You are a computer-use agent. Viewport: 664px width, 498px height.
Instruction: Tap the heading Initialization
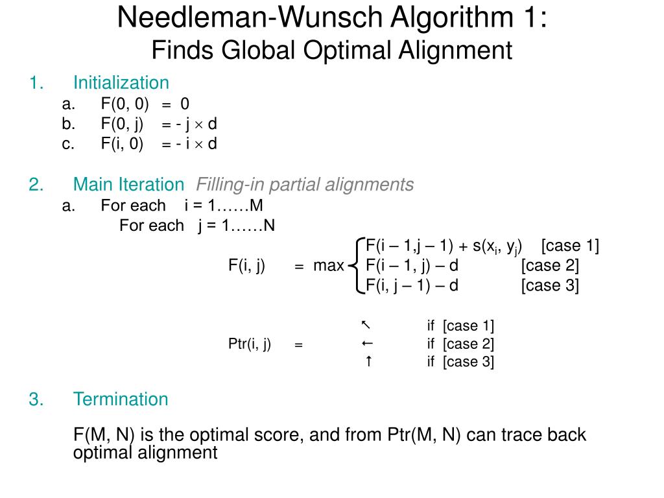[121, 83]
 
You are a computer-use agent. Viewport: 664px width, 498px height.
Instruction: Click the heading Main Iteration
[128, 185]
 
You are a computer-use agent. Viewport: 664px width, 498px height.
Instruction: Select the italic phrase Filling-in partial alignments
[305, 185]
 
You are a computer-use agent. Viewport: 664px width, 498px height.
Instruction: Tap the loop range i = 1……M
[224, 206]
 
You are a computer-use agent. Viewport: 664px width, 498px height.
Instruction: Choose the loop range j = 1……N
[237, 226]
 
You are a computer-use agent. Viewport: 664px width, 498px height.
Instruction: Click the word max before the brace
[328, 266]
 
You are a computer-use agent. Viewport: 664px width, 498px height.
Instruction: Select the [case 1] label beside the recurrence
[570, 246]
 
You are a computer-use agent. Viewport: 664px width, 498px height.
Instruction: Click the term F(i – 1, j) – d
[412, 266]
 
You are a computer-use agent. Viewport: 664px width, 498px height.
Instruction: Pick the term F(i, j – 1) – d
[412, 285]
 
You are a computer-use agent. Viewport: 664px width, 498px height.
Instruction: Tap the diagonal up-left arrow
[366, 324]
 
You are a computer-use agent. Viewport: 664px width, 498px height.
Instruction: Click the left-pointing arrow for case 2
[367, 343]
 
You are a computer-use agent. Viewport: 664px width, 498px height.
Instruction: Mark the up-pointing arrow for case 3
[368, 361]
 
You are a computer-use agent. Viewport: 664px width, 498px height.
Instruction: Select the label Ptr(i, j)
[250, 344]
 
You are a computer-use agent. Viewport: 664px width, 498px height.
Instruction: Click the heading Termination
[121, 399]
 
